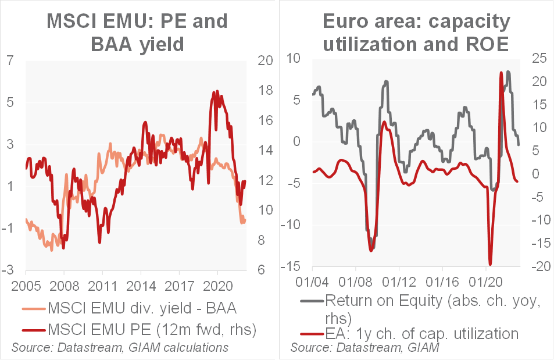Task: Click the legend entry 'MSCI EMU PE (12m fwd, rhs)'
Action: click(140, 330)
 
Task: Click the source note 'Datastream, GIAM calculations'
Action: click(120, 348)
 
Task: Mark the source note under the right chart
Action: click(364, 348)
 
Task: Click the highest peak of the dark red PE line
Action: click(217, 91)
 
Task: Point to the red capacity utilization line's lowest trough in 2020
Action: click(490, 265)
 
